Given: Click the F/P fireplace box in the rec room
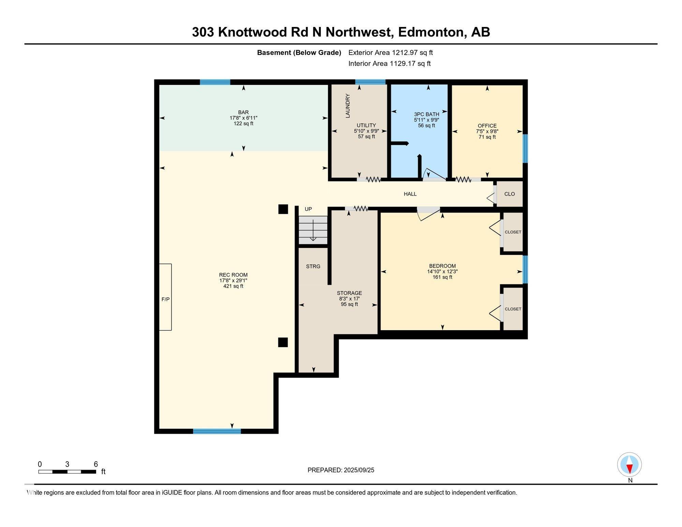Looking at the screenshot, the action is pos(165,297).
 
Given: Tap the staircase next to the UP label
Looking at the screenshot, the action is pos(313,230).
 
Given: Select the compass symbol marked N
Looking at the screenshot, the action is pos(629,465).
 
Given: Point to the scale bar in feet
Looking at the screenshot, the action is pos(67,472).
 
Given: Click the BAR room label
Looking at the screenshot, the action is pos(243,112).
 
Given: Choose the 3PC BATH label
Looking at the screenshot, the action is pos(427,114).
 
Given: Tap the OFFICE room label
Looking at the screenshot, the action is pos(487,126).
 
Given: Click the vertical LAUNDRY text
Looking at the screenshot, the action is pos(348,106).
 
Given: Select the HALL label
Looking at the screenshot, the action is pos(410,194).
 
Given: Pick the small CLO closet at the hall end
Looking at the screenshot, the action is pos(509,194).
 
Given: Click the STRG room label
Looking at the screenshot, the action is pos(313,266).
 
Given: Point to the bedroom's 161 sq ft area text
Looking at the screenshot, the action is pos(443,277).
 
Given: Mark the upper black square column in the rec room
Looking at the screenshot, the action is pos(283,209).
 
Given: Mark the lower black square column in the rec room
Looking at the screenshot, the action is pos(283,342).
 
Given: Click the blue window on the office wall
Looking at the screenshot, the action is pos(525,148).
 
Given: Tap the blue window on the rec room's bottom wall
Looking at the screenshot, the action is pos(217,431).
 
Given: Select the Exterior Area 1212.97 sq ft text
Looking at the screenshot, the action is pos(390,53).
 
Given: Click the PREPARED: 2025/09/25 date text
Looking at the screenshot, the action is pos(341,470).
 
